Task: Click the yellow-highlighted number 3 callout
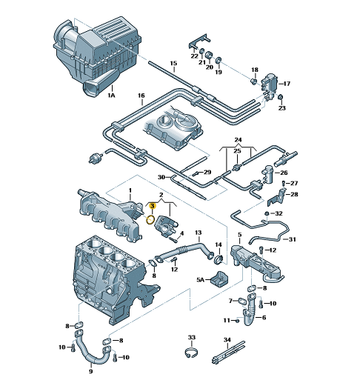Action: (153, 206)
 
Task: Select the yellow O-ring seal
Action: (150, 219)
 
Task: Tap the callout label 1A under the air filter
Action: (111, 95)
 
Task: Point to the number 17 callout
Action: (287, 84)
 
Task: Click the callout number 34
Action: (227, 340)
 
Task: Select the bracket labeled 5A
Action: (220, 279)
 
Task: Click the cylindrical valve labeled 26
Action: (267, 174)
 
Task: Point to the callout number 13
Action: (198, 233)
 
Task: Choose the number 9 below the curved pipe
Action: (90, 371)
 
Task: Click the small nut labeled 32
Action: (267, 213)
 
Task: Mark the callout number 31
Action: (293, 239)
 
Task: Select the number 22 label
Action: (195, 56)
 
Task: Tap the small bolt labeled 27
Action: (284, 183)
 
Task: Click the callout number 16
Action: (141, 96)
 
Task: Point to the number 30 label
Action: (161, 177)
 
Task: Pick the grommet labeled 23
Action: (281, 97)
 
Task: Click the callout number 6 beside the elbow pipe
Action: (264, 318)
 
